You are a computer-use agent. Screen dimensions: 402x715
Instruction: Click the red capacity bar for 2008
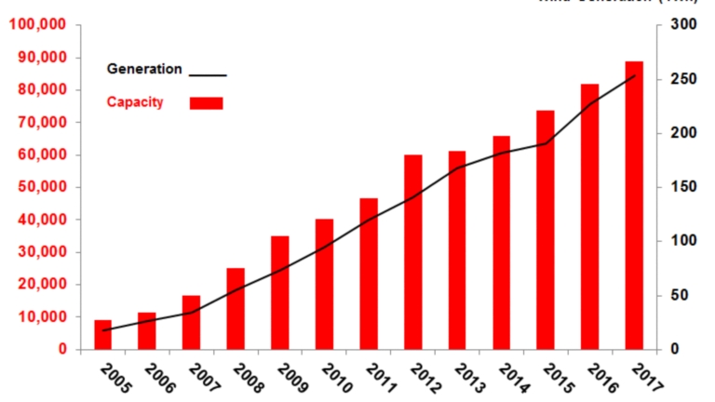(x=236, y=309)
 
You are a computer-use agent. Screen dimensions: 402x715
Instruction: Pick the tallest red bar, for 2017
(x=634, y=206)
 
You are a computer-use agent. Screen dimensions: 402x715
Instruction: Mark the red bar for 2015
(x=546, y=230)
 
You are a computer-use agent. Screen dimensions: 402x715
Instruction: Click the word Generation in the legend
(x=144, y=69)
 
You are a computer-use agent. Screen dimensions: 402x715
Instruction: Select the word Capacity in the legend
(x=135, y=101)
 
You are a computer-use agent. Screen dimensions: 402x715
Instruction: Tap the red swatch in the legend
(x=206, y=102)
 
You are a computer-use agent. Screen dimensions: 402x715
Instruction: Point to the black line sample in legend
(x=208, y=74)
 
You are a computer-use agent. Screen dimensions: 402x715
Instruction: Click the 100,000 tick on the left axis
(x=36, y=24)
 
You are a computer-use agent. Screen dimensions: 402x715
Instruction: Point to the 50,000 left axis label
(x=40, y=187)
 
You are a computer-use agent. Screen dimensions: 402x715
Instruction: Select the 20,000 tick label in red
(x=40, y=285)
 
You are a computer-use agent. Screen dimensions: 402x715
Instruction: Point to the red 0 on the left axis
(x=61, y=350)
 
